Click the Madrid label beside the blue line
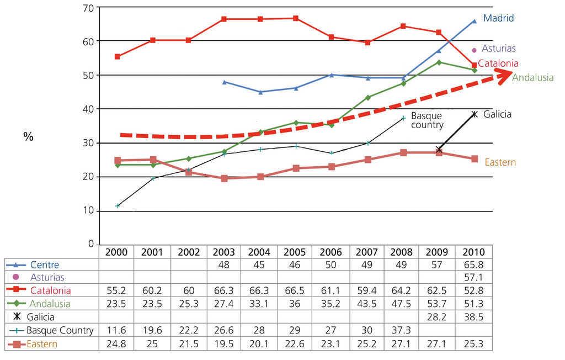498,18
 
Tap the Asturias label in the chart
498,49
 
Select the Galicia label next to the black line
497,114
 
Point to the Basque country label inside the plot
427,120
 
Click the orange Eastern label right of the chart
500,162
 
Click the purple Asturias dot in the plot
474,50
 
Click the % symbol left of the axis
28,136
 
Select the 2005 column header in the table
295,252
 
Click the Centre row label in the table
45,265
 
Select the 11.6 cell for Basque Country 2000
116,331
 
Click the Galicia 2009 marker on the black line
439,150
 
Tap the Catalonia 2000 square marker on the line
117,57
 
